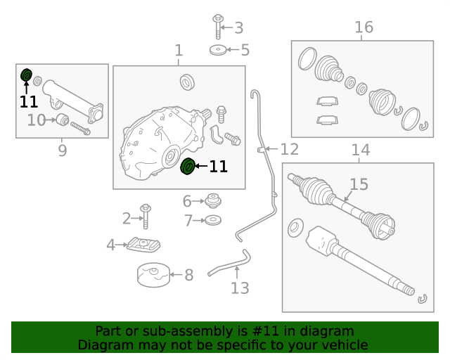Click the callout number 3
(x=238, y=28)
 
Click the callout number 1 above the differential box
(x=179, y=51)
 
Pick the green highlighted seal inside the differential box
(x=188, y=167)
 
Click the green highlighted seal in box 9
(x=27, y=75)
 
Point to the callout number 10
(x=37, y=120)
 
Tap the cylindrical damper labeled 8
(x=153, y=275)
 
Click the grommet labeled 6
(x=212, y=202)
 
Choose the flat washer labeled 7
(x=212, y=221)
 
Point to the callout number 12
(x=289, y=149)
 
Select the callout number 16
(x=364, y=27)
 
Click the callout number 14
(x=360, y=150)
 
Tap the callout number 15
(x=359, y=184)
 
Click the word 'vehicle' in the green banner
(x=342, y=345)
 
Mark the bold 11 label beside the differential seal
(x=218, y=167)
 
